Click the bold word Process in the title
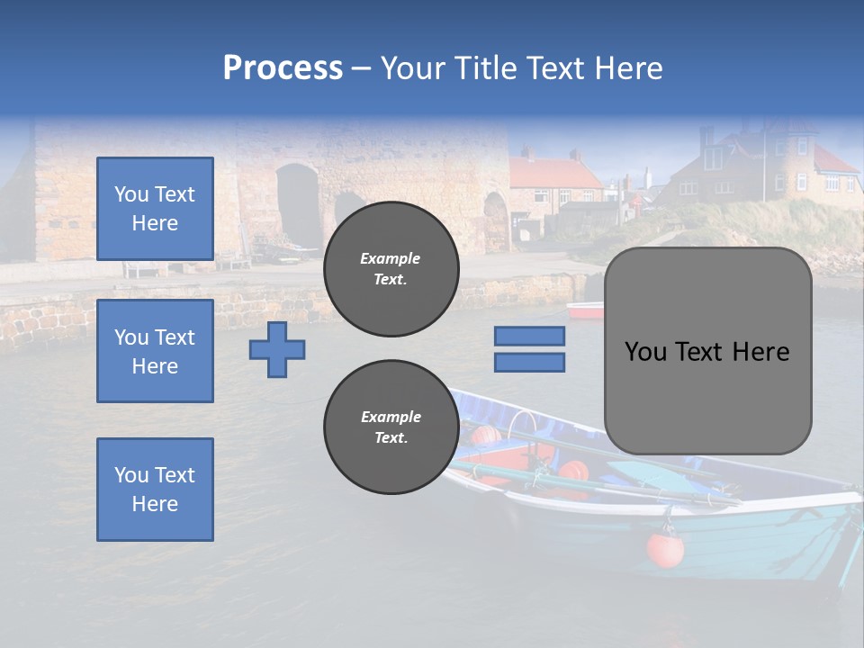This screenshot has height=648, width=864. pyautogui.click(x=283, y=68)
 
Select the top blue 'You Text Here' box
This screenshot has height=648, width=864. pyautogui.click(x=155, y=209)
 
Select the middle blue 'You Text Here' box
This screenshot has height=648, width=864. pyautogui.click(x=155, y=351)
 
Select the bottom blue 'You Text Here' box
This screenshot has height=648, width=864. pyautogui.click(x=155, y=490)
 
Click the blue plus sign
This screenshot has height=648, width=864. pyautogui.click(x=277, y=350)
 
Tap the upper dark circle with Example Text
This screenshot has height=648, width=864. pyautogui.click(x=391, y=269)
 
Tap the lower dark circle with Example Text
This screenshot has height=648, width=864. pyautogui.click(x=391, y=427)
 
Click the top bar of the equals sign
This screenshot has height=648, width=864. pyautogui.click(x=529, y=337)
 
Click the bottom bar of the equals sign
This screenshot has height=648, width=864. pyautogui.click(x=529, y=363)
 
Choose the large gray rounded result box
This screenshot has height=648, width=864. pyautogui.click(x=708, y=351)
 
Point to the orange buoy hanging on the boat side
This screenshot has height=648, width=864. pyautogui.click(x=665, y=549)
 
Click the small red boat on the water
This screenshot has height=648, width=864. pyautogui.click(x=585, y=310)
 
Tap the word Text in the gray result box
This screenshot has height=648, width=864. pyautogui.click(x=706, y=352)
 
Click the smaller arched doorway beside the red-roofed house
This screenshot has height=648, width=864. pyautogui.click(x=496, y=221)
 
